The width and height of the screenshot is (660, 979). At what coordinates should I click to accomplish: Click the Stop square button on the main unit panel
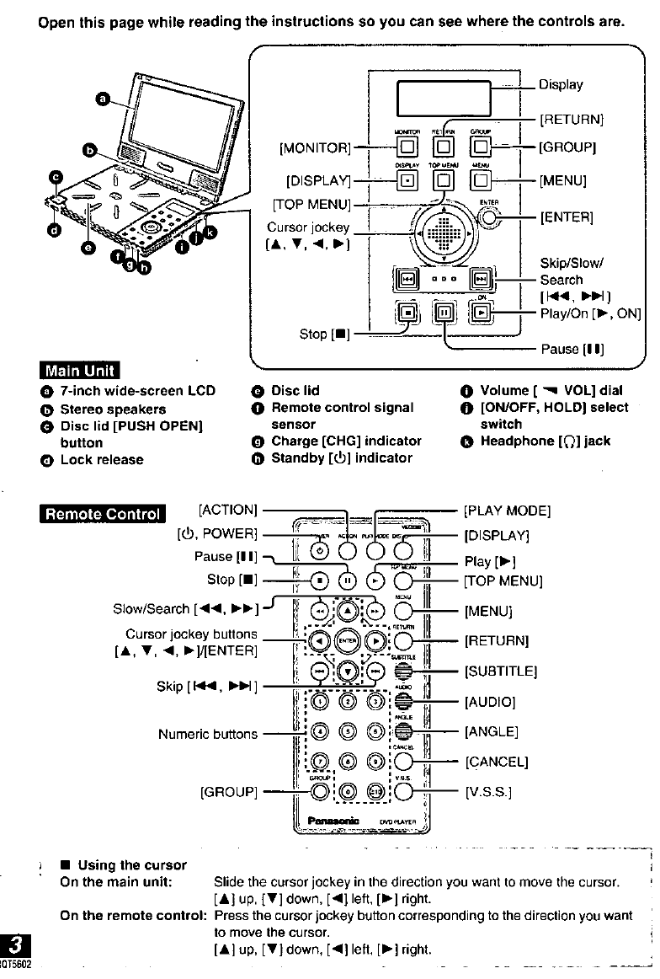tap(410, 312)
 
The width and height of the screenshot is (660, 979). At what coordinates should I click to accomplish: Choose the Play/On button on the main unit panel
tap(480, 312)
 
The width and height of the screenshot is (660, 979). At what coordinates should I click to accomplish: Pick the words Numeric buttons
tap(208, 734)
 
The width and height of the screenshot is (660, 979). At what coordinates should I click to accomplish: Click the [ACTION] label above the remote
tap(227, 510)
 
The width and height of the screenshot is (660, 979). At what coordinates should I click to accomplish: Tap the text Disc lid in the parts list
tap(295, 390)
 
